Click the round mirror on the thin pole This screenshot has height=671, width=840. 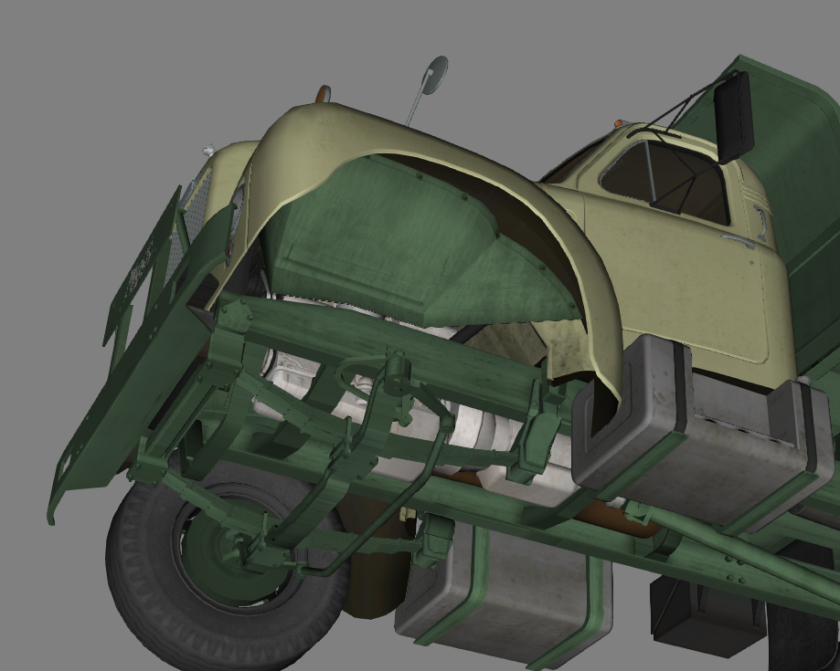[435, 74]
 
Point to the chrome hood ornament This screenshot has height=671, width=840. [209, 150]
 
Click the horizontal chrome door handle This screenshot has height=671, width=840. [736, 242]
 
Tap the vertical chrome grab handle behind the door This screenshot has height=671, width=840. [760, 221]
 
